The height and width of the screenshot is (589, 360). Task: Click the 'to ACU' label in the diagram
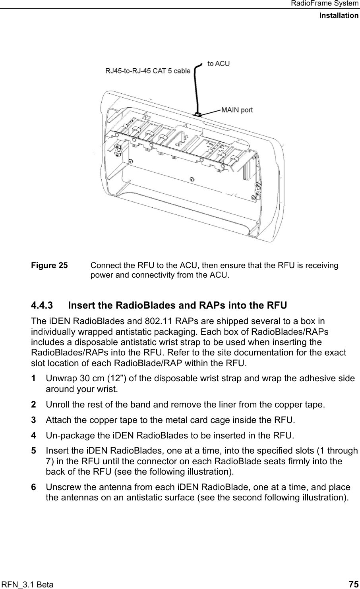click(219, 64)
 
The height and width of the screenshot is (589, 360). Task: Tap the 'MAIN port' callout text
click(237, 110)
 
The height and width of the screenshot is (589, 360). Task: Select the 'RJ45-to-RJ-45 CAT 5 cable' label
click(147, 71)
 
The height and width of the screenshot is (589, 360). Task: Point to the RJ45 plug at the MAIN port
click(197, 114)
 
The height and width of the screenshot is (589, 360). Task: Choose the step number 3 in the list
click(34, 420)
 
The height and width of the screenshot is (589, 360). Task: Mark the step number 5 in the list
click(34, 451)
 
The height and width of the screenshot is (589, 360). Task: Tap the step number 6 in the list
click(34, 487)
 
